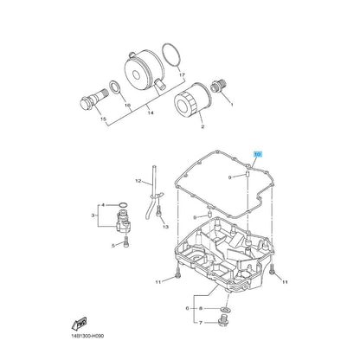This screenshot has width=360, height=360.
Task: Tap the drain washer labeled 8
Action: coord(225,309)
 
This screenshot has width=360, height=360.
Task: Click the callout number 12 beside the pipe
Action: coord(137,182)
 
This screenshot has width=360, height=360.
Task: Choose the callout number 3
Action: coord(93,214)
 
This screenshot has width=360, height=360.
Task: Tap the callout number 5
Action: coord(113,245)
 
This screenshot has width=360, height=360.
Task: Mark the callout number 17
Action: coord(181,75)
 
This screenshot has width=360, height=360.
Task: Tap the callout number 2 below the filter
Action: coord(202,126)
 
